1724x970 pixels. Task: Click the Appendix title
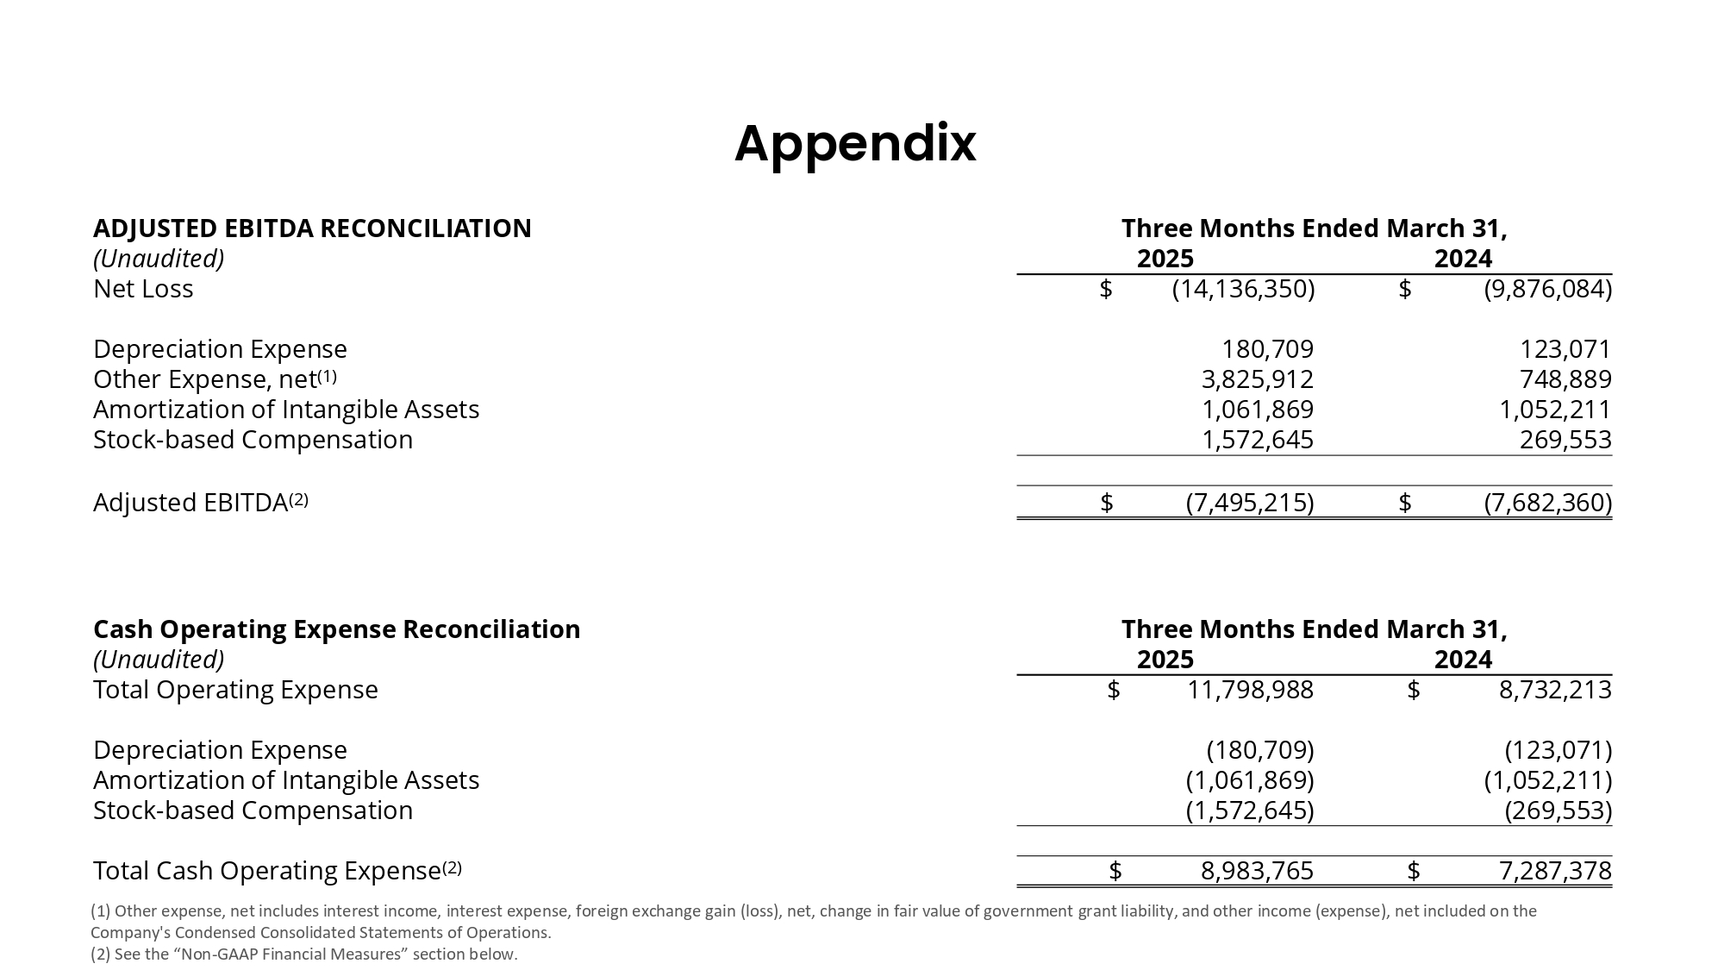[855, 143]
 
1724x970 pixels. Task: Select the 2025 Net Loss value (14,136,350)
[1243, 289]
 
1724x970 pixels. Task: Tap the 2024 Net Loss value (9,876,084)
[1547, 289]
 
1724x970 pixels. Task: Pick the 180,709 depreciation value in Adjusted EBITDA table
[1267, 349]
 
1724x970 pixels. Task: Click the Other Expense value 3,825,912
[1257, 379]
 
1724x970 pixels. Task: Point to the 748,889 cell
[1565, 379]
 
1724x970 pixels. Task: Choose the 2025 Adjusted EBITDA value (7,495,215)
[1250, 503]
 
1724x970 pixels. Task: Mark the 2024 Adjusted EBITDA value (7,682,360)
[1547, 503]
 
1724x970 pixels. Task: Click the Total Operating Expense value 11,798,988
[1250, 690]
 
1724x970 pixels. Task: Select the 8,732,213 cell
[1555, 690]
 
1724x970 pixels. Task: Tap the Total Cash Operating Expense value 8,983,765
[1257, 871]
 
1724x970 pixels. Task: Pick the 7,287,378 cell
[1555, 871]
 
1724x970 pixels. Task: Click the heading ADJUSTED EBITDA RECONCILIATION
[312, 228]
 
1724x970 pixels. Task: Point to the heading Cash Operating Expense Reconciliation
[336, 629]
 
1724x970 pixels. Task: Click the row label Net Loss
[143, 289]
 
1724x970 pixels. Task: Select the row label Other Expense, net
[205, 379]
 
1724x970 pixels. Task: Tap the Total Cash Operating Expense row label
[267, 871]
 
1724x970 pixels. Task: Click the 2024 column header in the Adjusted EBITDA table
[1463, 259]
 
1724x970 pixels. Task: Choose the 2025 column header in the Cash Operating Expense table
[1165, 660]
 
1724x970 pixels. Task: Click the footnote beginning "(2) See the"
[303, 954]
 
